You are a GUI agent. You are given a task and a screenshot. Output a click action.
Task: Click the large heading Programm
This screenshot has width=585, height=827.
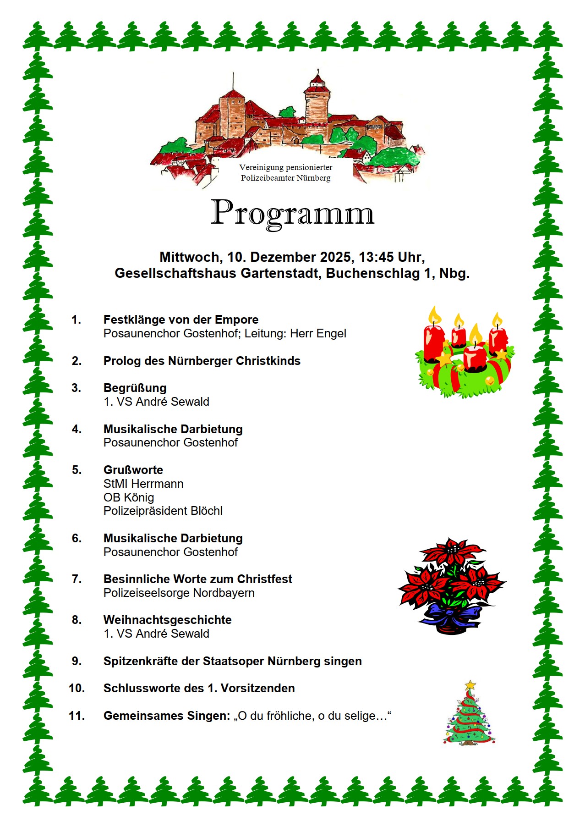coord(292,213)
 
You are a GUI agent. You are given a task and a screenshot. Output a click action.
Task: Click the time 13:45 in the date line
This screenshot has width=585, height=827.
coord(377,257)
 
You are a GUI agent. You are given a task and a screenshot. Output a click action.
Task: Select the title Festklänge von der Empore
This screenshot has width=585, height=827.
coord(181,320)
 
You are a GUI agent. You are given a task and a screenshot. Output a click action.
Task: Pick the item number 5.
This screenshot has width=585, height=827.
coord(77,470)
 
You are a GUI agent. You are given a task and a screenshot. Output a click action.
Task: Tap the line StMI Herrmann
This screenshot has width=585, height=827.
coord(143,484)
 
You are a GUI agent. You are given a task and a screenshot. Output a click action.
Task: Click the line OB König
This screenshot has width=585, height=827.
coord(129,497)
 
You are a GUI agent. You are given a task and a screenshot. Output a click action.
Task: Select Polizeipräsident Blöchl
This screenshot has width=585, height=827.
coord(163,511)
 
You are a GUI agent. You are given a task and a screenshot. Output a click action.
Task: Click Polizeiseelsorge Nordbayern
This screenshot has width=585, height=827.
coord(179,593)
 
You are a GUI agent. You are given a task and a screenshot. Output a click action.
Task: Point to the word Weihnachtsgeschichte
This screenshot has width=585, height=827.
coord(167,620)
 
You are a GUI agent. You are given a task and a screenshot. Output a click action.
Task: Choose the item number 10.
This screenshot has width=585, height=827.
coord(77,688)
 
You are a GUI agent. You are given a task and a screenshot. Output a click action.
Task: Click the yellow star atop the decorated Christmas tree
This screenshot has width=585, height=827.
coord(470,686)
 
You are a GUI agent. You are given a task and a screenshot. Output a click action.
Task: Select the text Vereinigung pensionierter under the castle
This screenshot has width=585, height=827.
coord(285,168)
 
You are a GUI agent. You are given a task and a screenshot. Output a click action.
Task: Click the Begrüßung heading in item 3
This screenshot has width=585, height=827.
coord(135,388)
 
